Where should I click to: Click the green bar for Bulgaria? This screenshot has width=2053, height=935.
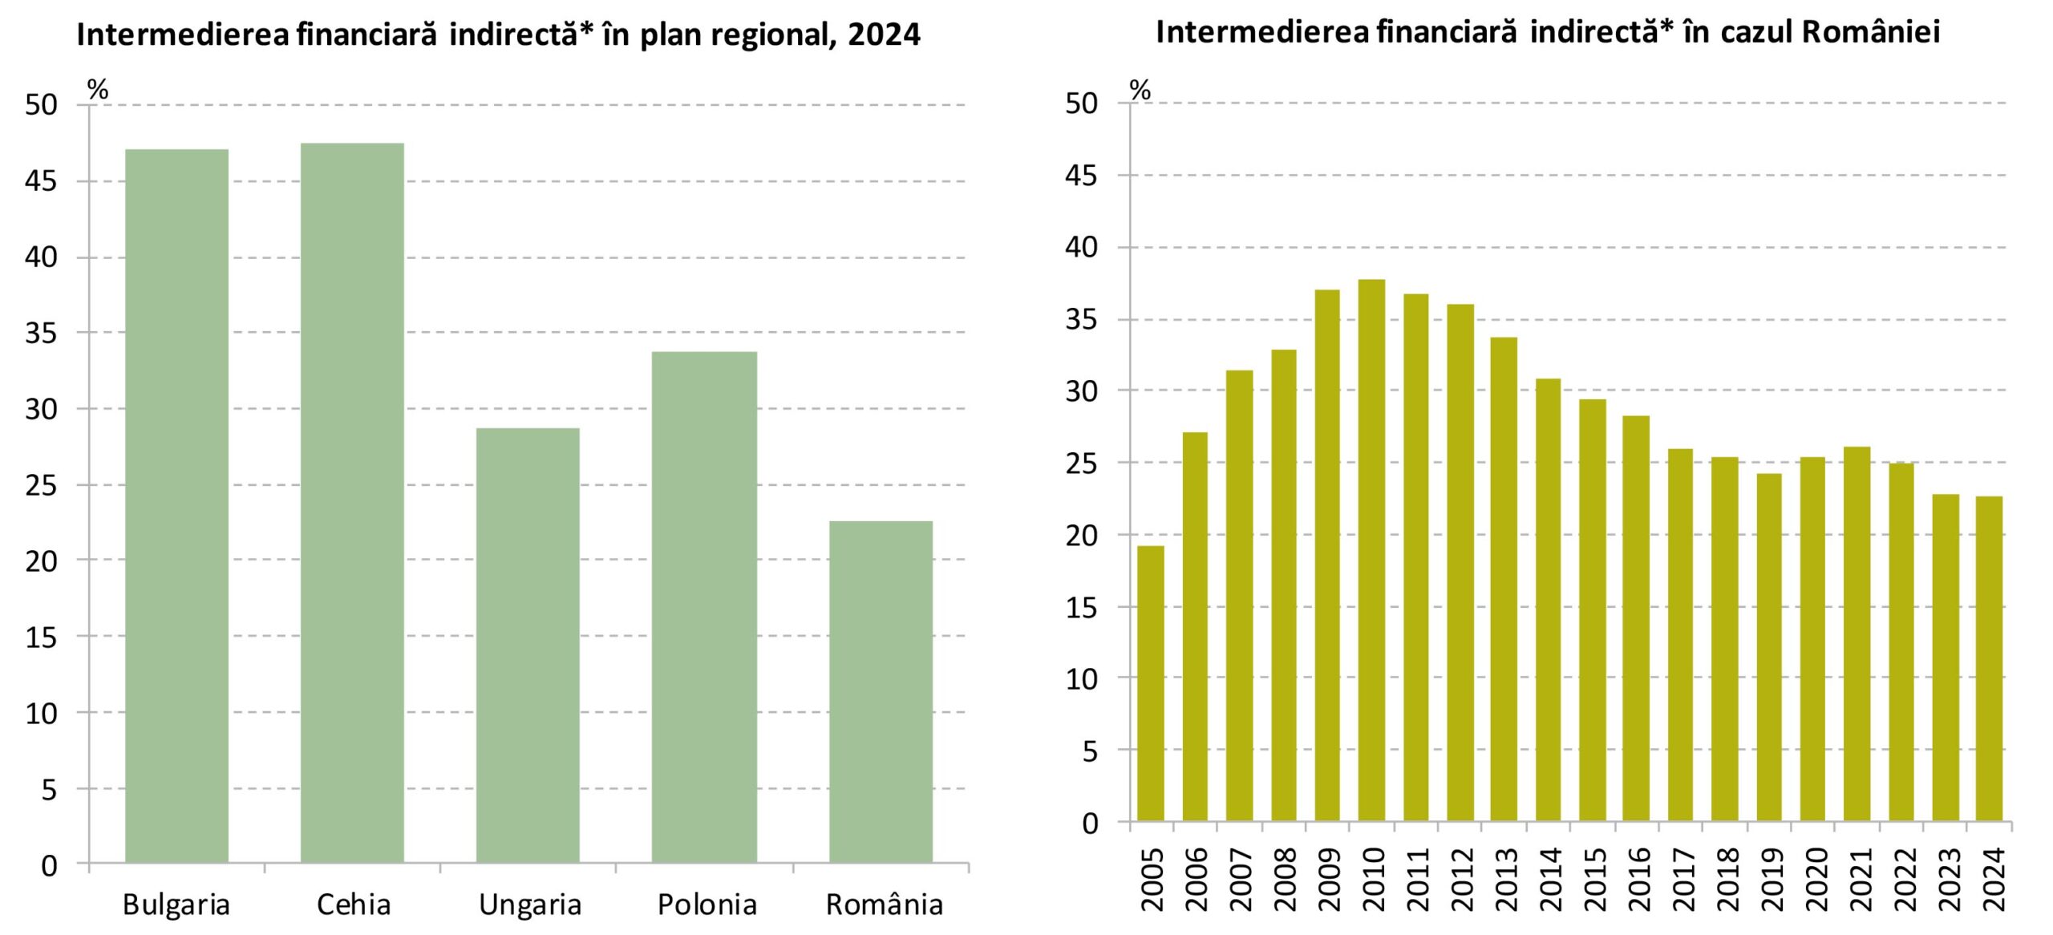(176, 505)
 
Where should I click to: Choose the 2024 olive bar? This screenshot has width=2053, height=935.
(1989, 658)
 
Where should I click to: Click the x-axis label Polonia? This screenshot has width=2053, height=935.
(707, 905)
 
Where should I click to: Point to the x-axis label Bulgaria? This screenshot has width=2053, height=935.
(176, 905)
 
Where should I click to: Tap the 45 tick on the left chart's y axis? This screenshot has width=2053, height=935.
(41, 181)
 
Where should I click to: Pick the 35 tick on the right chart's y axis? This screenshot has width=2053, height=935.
(1080, 319)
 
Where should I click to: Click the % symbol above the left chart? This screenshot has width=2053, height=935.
(98, 90)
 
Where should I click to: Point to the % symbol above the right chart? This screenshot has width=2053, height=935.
(1140, 90)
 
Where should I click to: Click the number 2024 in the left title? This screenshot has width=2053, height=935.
(884, 34)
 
